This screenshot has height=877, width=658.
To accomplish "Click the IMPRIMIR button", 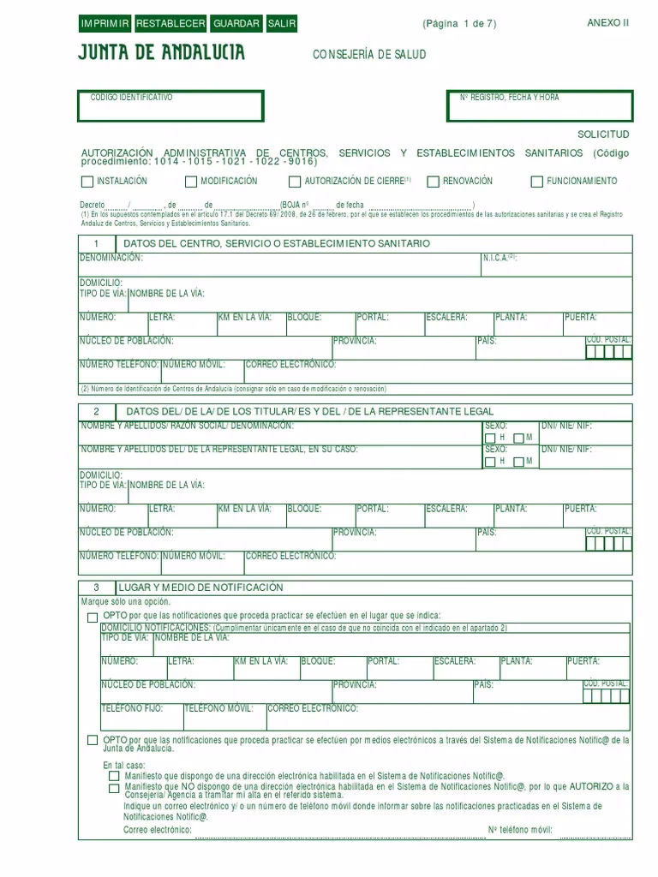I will tap(105, 24).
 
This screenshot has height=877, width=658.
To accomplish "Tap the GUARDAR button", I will tap(236, 24).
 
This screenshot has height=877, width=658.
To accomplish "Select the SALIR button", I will tap(282, 24).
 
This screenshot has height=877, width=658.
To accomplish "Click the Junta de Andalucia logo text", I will tap(161, 53).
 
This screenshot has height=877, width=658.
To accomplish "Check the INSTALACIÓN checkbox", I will tap(87, 182).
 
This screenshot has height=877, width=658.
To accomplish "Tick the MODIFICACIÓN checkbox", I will tap(191, 182).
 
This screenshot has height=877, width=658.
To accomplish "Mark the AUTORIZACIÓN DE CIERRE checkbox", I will tap(296, 182).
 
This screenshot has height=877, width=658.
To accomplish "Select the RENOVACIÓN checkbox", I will tap(434, 182).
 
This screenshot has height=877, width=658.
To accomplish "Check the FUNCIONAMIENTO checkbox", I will tap(538, 182).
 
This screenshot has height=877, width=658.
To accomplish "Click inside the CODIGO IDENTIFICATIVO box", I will tap(170, 107).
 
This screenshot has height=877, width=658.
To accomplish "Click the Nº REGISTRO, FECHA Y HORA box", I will tap(541, 107).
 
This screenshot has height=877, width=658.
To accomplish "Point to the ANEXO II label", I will tap(607, 23).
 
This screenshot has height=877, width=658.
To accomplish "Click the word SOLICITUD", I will tap(603, 134).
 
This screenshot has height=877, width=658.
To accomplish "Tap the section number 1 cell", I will tap(97, 244).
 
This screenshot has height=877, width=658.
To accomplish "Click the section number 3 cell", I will tap(97, 588).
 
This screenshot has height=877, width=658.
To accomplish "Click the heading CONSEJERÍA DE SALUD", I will tap(369, 55).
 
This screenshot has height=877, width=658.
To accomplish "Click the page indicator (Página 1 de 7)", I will tap(459, 24).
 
